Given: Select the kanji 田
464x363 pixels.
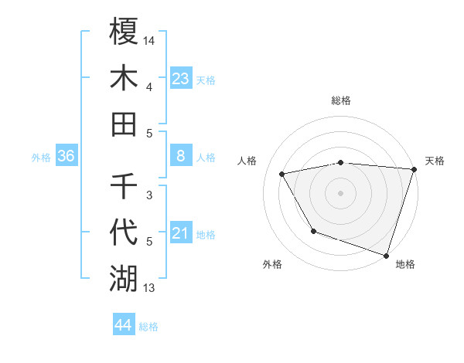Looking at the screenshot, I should pos(124,124).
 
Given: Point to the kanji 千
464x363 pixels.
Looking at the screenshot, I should pos(124,186).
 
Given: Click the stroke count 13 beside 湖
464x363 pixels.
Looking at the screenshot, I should pos(150,289).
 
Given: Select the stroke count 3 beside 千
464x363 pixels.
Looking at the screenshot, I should pos(148,195).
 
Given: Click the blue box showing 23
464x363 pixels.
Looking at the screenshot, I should pos(180,78).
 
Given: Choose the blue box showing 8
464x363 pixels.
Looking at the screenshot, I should pos(180,156).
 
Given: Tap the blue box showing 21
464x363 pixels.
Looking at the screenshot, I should pos(180,233).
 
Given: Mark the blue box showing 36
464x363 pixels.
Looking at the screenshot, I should pos(67,156).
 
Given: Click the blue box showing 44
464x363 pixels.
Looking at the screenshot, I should pos(123,325).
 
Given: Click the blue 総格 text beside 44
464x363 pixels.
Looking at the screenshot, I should pos(148,327).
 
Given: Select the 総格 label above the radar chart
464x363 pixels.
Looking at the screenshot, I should pos(341,100).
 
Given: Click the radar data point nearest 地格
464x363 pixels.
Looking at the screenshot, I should pos(385,255).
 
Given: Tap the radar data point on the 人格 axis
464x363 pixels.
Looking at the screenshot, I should pos(282,175).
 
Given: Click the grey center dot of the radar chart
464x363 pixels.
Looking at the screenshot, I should pos(340,192).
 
